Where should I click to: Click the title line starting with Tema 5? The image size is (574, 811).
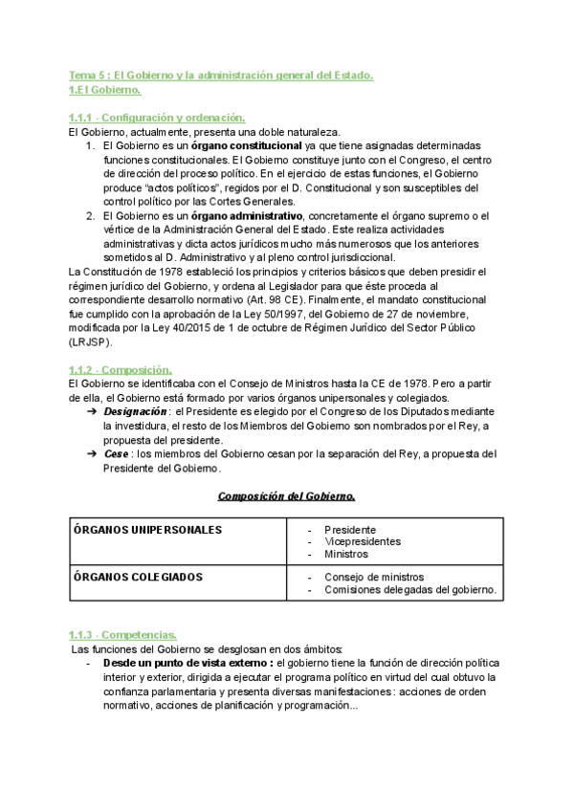[x=221, y=76]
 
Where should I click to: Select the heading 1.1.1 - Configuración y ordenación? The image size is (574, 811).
[x=157, y=118]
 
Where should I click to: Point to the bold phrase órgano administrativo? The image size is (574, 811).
[x=251, y=216]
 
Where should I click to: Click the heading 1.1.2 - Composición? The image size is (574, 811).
[x=121, y=370]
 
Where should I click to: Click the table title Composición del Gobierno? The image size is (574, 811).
[x=286, y=496]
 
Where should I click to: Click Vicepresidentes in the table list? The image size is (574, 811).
[x=363, y=541]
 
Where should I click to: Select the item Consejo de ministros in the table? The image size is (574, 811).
[x=374, y=577]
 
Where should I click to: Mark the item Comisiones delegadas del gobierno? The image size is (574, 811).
[x=409, y=590]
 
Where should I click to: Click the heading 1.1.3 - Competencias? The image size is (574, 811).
[x=122, y=635]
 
